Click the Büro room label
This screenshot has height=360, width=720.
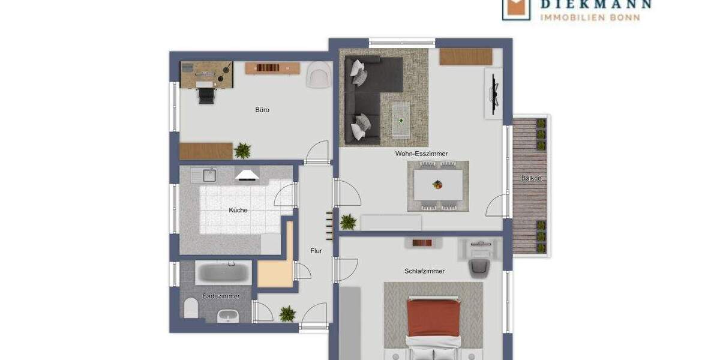click(262, 110)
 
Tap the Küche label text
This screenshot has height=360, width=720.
click(238, 211)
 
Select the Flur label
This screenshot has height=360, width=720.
click(316, 251)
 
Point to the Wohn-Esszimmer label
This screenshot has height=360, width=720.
click(421, 154)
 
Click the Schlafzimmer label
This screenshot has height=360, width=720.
click(424, 271)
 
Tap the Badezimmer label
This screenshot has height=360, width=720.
click(221, 296)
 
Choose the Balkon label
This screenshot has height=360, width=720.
click(531, 178)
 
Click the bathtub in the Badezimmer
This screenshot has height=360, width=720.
click(224, 274)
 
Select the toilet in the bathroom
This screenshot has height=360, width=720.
click(191, 308)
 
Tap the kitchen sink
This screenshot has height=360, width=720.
click(209, 175)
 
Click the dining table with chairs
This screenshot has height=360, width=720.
click(438, 185)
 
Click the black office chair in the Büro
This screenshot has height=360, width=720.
click(205, 94)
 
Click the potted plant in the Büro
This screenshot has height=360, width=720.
click(242, 150)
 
